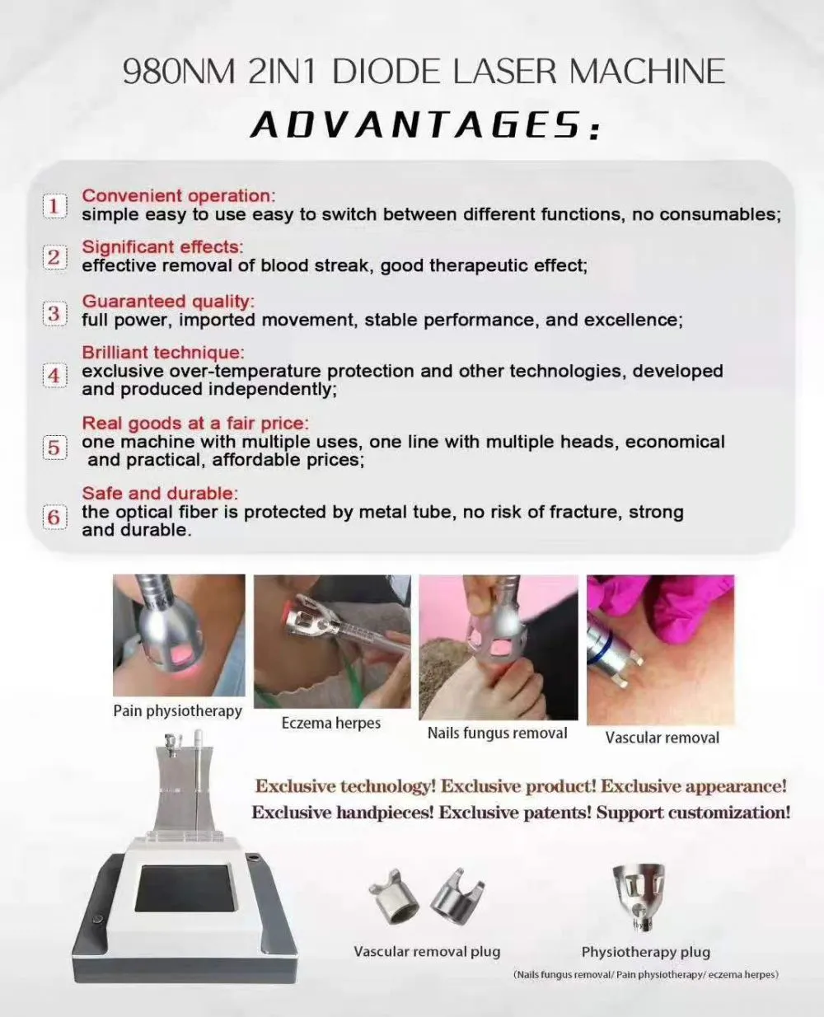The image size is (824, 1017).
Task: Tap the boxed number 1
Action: pyautogui.click(x=54, y=206)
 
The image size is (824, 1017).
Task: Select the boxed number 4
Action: pyautogui.click(x=54, y=375)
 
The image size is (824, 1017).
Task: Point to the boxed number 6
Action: pyautogui.click(x=54, y=517)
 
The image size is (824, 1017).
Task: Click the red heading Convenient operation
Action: pyautogui.click(x=179, y=196)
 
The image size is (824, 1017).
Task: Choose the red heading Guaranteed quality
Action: pyautogui.click(x=168, y=302)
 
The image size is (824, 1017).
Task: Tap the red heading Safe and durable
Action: pyautogui.click(x=160, y=493)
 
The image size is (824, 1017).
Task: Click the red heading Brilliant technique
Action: pyautogui.click(x=163, y=353)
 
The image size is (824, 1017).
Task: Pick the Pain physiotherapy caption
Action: pyautogui.click(x=178, y=711)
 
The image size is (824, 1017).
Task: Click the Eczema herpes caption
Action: pyautogui.click(x=331, y=723)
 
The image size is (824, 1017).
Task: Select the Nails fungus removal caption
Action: pyautogui.click(x=497, y=733)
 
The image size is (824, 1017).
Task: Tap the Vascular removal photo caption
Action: pyautogui.click(x=662, y=738)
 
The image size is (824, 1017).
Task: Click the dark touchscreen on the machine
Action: pyautogui.click(x=185, y=888)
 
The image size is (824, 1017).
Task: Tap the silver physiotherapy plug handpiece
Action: pyautogui.click(x=639, y=897)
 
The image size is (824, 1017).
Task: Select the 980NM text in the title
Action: pyautogui.click(x=179, y=72)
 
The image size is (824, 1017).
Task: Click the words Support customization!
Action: pyautogui.click(x=693, y=812)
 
